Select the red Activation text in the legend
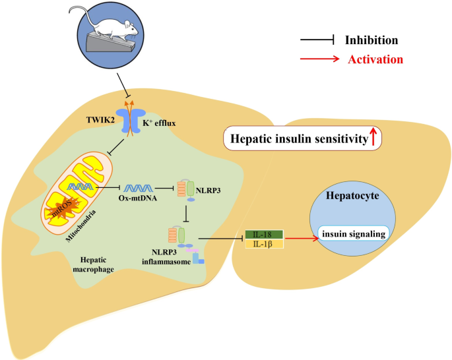coord(375,59)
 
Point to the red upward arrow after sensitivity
coord(373,137)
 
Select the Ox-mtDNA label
coord(139,200)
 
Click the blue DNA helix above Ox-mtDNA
coord(139,188)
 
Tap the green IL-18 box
coord(264,234)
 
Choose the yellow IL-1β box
coord(264,244)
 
